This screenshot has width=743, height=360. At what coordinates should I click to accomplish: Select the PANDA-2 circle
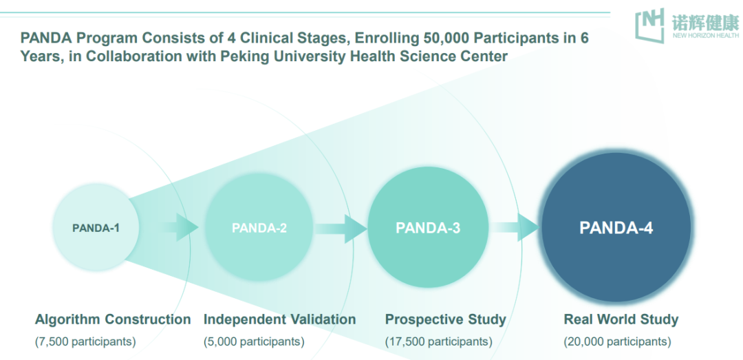pyautogui.click(x=259, y=228)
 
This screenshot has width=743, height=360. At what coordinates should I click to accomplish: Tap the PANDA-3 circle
pyautogui.click(x=428, y=228)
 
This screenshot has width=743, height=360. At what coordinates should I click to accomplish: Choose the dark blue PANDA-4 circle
pyautogui.click(x=616, y=228)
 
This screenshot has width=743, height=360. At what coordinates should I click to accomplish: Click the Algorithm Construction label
pyautogui.click(x=113, y=319)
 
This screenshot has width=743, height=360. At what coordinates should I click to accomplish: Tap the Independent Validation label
pyautogui.click(x=279, y=319)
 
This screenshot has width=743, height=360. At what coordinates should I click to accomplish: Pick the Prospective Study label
pyautogui.click(x=445, y=319)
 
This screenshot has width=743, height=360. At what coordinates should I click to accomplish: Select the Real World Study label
pyautogui.click(x=621, y=319)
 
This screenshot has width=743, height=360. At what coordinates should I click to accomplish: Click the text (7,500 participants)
pyautogui.click(x=85, y=341)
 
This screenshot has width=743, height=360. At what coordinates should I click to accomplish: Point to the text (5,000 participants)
pyautogui.click(x=254, y=341)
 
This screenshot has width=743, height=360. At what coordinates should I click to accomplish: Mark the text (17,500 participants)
pyautogui.click(x=438, y=341)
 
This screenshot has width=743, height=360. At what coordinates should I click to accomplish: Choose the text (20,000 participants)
pyautogui.click(x=617, y=341)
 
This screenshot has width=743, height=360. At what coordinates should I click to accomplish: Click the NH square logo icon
pyautogui.click(x=649, y=25)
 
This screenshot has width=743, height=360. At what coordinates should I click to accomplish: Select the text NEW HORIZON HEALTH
pyautogui.click(x=705, y=34)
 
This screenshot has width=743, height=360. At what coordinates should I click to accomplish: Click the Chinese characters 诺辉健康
pyautogui.click(x=705, y=21)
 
